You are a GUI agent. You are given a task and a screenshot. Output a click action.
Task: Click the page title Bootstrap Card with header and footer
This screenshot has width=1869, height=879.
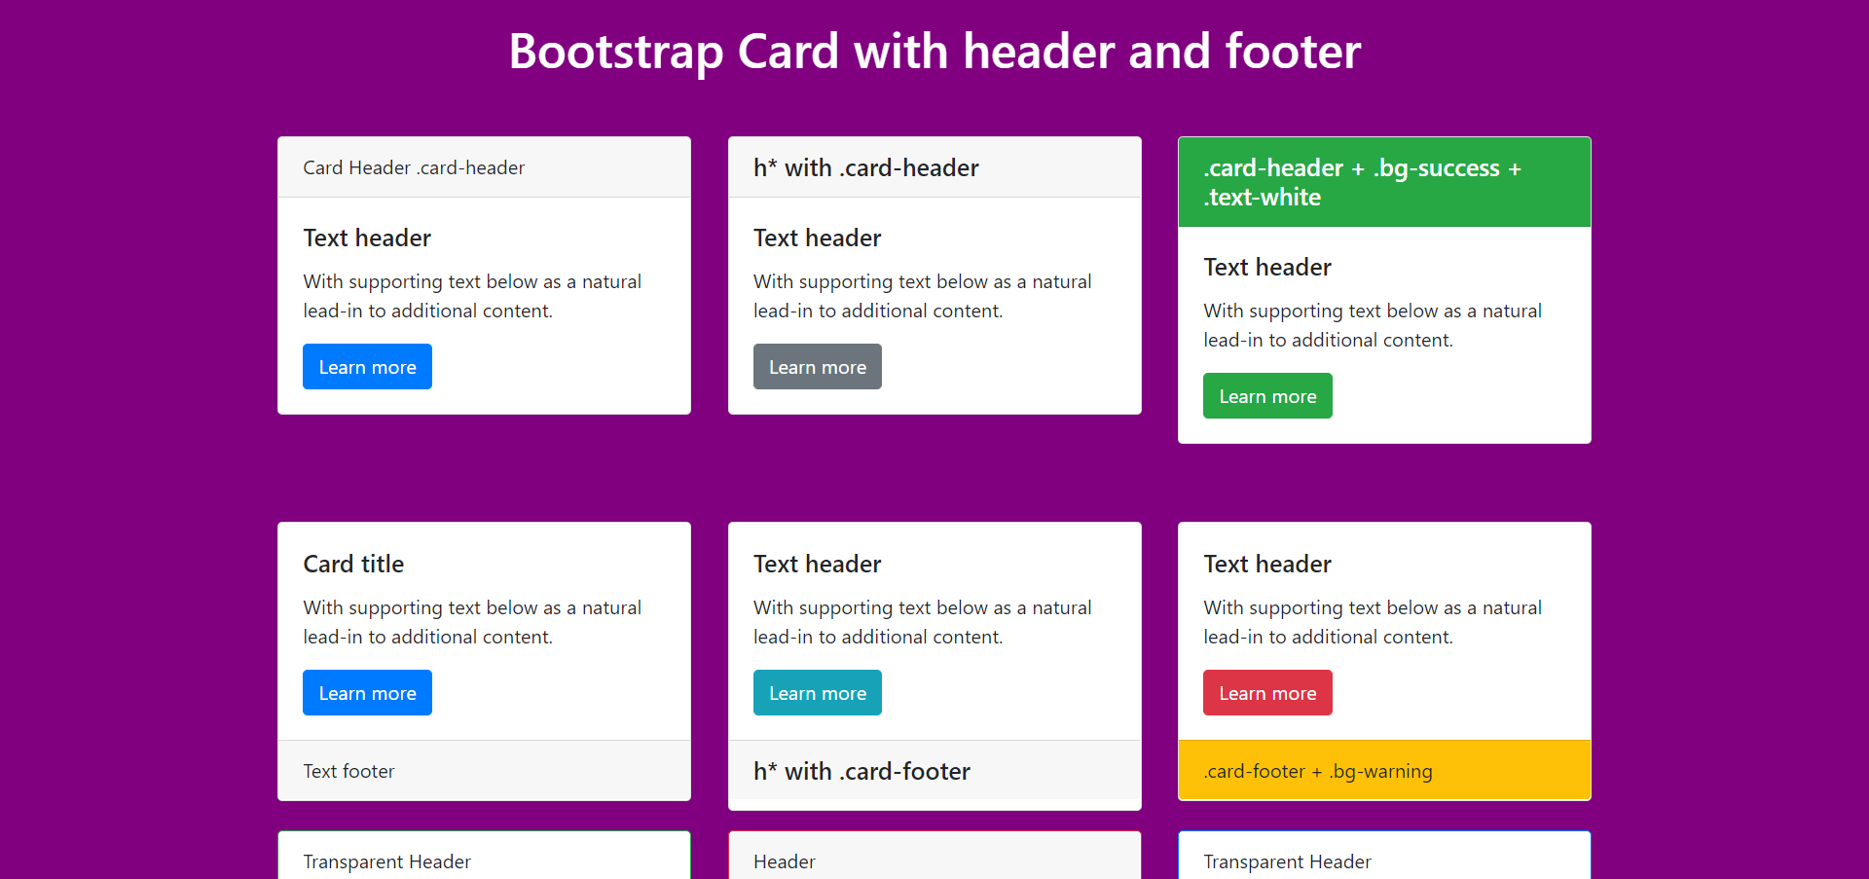coord(934,52)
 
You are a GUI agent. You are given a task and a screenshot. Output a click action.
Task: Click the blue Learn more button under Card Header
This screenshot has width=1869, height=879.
coord(367,366)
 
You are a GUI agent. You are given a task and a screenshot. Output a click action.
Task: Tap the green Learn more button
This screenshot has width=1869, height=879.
coord(1267,395)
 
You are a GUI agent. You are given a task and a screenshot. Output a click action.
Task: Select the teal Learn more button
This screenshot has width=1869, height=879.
coord(818,692)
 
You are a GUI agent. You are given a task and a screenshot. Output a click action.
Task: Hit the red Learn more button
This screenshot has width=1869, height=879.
coord(1267,692)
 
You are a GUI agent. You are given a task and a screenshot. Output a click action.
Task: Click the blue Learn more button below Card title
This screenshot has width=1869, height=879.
coord(367,692)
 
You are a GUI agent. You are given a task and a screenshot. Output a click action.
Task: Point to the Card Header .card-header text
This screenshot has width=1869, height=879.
coord(414,167)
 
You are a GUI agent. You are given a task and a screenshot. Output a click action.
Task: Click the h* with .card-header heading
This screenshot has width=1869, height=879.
coord(866,167)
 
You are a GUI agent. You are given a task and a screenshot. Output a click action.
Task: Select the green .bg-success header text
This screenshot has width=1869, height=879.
coord(1362,182)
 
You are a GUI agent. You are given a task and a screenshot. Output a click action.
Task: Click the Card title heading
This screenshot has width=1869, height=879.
coord(353,564)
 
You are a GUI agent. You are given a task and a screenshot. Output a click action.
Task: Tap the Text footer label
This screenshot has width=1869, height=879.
coord(348,771)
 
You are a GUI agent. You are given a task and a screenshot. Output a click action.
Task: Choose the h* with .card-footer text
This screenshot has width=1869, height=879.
coord(861,771)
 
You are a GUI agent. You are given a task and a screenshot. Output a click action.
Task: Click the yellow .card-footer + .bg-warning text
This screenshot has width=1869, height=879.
coord(1318,771)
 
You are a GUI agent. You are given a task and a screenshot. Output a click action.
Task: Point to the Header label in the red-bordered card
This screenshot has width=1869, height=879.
coord(785,861)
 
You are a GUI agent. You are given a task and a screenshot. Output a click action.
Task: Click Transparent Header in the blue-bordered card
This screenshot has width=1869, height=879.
coord(1287,861)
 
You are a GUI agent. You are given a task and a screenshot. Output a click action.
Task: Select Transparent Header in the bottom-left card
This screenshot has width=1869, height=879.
coord(386,861)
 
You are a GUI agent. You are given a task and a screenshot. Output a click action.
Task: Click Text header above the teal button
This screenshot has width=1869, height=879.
coord(818,564)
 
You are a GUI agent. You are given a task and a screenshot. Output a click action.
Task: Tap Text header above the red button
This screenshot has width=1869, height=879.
coord(1267,564)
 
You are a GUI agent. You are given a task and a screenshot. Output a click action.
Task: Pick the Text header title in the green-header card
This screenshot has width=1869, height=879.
coord(1267,267)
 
